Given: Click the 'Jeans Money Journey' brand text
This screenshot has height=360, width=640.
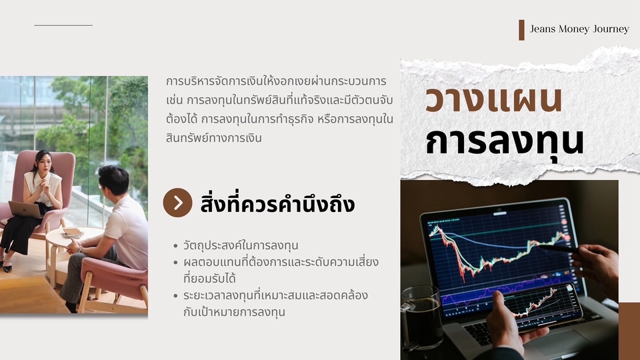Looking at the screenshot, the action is (579, 29).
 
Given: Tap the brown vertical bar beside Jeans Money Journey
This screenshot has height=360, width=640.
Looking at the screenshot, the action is (521, 30).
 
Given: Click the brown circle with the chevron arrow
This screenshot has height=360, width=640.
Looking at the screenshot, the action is (177, 203).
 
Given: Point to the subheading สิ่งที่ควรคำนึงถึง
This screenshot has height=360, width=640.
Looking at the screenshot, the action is (277, 204).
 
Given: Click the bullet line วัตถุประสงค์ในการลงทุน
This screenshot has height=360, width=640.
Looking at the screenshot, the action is (241, 245).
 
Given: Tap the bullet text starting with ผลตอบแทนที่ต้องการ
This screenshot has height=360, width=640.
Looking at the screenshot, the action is (281, 270).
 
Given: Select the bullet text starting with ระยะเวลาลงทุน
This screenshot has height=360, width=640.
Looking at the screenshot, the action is (275, 303).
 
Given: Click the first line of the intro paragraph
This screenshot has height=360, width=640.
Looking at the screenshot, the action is (276, 81).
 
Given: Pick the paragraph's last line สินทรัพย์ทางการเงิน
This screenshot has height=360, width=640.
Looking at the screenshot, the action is (213, 137).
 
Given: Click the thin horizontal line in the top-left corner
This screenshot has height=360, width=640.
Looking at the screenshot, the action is (63, 25).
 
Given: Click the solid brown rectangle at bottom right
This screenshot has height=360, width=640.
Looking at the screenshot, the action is (629, 331).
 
